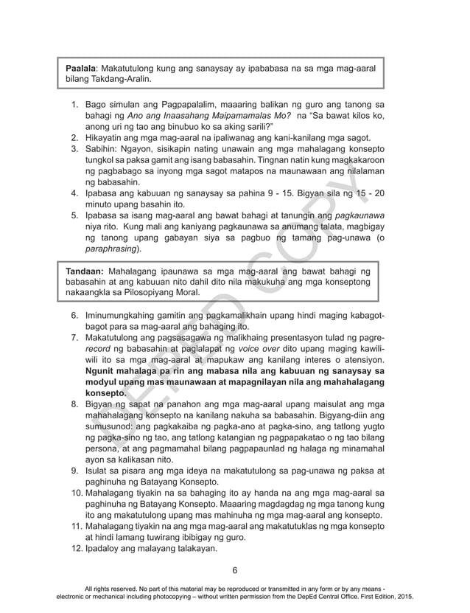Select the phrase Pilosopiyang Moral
(x=166, y=293)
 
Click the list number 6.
(x=74, y=316)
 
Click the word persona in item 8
(x=104, y=449)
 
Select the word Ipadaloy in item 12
(x=105, y=550)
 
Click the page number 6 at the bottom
(x=235, y=570)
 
